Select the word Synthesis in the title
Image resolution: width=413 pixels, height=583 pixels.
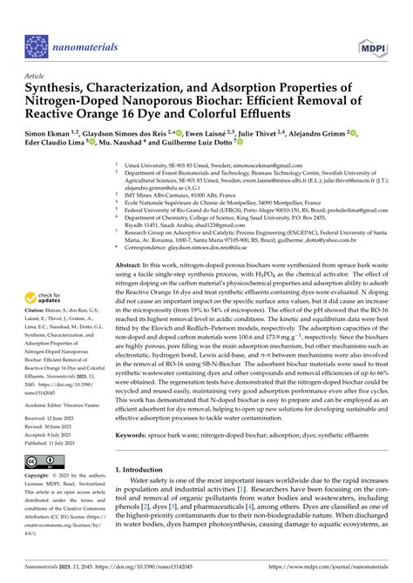click(x=58, y=88)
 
